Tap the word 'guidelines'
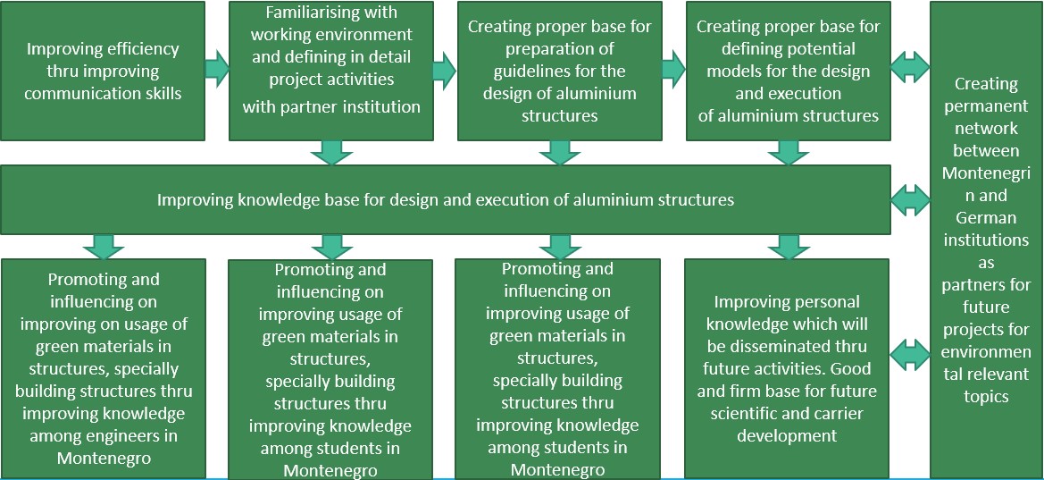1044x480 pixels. (527, 72)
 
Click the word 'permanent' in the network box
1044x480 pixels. (986, 105)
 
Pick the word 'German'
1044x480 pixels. (986, 218)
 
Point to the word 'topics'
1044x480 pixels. (986, 396)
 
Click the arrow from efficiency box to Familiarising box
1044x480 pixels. (216, 70)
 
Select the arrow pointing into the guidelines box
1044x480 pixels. (445, 70)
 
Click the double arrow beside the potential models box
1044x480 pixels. (910, 64)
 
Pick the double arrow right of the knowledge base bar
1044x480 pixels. (910, 199)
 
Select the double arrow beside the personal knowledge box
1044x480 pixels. (910, 352)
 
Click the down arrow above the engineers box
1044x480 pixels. (104, 246)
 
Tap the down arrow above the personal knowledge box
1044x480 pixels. (789, 246)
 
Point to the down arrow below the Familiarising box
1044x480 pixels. (331, 152)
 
